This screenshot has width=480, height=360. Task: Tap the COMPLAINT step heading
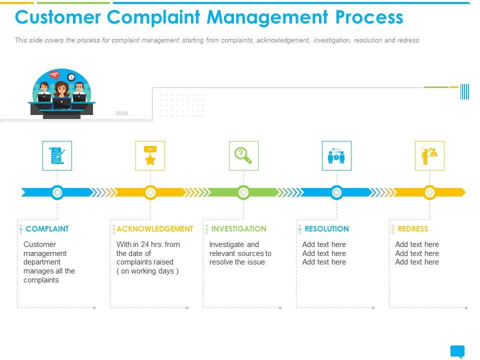47,229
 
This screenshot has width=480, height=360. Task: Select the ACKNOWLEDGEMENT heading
154,229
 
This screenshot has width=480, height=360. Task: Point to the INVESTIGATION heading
239,229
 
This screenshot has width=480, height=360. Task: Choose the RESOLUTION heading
326,229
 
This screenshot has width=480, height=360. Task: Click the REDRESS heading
412,229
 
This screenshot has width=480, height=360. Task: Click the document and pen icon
57,156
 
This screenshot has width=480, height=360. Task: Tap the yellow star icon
150,156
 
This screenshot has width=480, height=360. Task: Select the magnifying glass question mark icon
243,156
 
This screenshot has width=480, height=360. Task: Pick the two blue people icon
336,156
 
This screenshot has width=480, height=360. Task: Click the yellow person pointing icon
429,156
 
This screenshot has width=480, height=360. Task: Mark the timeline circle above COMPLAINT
57,192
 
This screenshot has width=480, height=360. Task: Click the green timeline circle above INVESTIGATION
243,192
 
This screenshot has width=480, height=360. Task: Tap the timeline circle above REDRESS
429,192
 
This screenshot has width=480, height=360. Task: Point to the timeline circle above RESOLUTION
336,192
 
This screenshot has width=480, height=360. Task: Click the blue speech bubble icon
457,351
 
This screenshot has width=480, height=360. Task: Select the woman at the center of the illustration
61,93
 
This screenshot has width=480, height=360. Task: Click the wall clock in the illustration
71,77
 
